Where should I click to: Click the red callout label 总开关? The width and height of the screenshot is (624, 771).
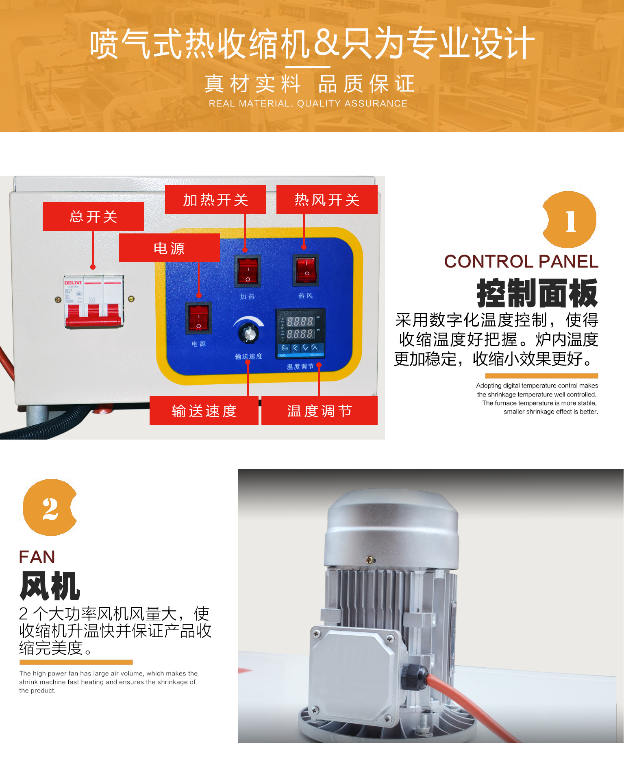(93, 216)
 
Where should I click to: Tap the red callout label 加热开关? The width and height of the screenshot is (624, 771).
(215, 200)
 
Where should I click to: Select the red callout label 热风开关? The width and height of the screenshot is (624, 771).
(327, 200)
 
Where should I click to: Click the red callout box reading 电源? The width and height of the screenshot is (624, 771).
(169, 248)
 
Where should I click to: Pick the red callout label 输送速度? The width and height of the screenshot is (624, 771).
(204, 411)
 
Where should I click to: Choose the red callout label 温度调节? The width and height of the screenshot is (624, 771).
(320, 411)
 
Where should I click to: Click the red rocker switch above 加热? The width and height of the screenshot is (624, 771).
(247, 271)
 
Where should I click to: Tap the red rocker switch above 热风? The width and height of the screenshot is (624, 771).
(306, 270)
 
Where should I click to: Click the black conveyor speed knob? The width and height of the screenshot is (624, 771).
(249, 333)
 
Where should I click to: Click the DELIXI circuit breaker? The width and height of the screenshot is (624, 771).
(93, 301)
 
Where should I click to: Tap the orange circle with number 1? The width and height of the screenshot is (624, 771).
(570, 220)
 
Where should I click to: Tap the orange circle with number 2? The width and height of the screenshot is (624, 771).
(50, 508)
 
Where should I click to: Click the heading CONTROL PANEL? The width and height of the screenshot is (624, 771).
(521, 261)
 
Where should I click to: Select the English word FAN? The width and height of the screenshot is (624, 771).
(37, 557)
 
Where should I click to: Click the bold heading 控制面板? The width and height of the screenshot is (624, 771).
(537, 293)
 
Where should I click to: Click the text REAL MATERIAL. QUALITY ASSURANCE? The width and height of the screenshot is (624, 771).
(308, 104)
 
